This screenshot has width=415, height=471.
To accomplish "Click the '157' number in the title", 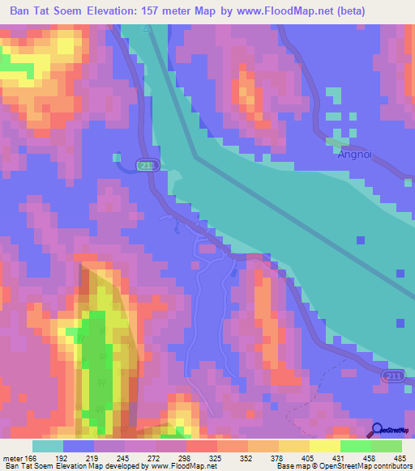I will [x=157, y=11].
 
